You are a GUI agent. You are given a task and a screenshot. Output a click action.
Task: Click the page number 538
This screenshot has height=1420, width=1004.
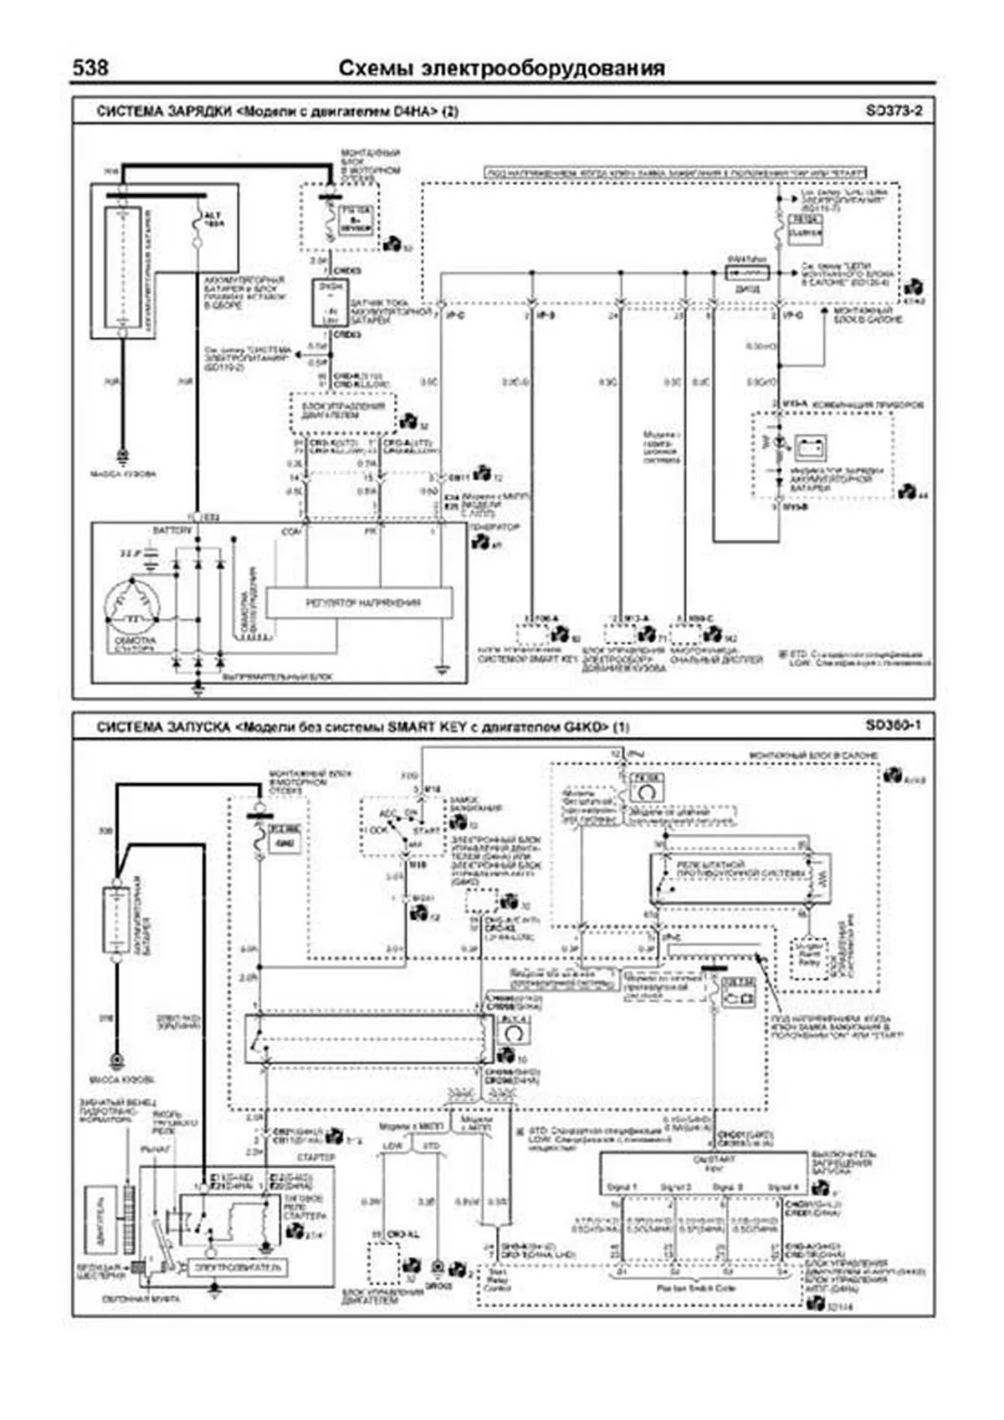pos(90,68)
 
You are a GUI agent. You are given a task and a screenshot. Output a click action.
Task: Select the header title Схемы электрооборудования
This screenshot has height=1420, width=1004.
pos(502,69)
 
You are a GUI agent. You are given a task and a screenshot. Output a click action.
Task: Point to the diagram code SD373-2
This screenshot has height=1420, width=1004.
pos(894,110)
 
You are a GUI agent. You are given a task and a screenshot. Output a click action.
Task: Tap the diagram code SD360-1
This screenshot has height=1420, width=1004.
pos(893,725)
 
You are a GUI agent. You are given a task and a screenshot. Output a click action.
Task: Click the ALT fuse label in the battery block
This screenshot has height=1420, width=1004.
pos(213,220)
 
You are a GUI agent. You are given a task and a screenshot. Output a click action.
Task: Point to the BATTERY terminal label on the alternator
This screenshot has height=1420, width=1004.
pos(172,531)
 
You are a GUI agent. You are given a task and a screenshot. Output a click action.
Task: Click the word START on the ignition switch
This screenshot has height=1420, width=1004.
pos(427,830)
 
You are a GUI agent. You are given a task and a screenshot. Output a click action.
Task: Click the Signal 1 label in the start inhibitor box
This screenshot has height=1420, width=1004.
pos(622,1187)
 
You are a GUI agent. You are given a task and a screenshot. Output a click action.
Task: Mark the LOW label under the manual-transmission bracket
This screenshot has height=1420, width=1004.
pos(392,1146)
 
